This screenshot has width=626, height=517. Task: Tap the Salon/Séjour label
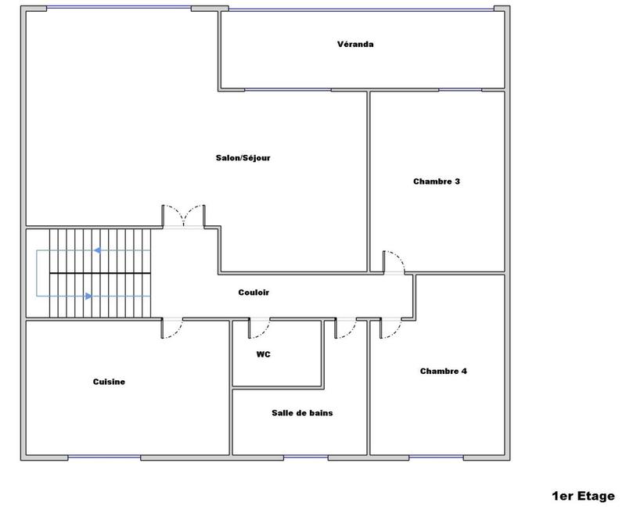(243, 157)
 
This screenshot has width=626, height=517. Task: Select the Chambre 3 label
(436, 181)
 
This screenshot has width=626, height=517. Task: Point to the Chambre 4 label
(443, 371)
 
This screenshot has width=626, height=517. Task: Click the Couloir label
(254, 293)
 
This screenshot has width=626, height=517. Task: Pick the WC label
(263, 354)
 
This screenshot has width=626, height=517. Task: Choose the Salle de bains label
(302, 412)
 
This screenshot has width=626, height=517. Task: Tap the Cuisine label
(110, 382)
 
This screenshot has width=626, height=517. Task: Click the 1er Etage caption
(584, 496)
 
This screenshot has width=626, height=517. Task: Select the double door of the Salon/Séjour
(183, 216)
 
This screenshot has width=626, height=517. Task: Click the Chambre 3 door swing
(394, 264)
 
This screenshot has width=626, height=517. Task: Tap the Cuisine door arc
(172, 328)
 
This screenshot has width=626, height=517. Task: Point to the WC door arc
(260, 328)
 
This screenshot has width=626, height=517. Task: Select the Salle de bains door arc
(346, 329)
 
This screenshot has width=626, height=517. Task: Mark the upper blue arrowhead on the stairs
(97, 250)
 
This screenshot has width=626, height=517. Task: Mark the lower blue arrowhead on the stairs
(88, 296)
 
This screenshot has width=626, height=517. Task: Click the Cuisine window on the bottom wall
(104, 457)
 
